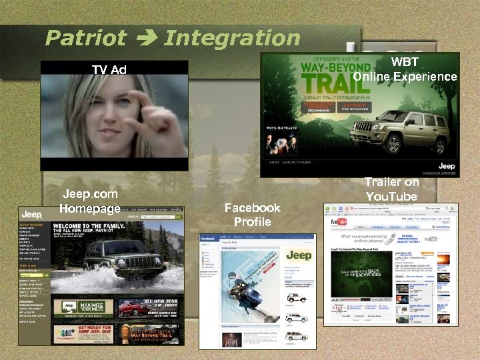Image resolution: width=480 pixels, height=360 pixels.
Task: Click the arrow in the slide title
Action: tap(145, 39)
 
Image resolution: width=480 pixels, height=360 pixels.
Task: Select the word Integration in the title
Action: tap(232, 38)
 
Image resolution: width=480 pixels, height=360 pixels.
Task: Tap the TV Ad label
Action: tap(109, 69)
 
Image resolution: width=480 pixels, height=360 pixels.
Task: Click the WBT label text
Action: tap(405, 63)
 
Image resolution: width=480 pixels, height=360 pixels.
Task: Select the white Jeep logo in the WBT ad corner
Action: tap(446, 165)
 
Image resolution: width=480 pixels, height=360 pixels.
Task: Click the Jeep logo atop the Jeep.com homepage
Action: tap(32, 215)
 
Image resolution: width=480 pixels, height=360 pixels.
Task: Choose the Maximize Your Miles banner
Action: tap(83, 308)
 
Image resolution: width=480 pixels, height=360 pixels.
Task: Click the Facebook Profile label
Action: tap(252, 215)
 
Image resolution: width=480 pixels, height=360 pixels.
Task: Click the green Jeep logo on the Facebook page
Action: tap(298, 255)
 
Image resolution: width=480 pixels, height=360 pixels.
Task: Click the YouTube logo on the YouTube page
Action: tap(339, 221)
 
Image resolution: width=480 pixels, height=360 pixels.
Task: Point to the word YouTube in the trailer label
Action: tap(391, 196)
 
